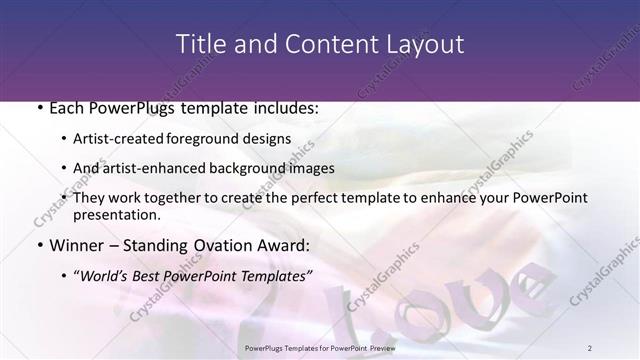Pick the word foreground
[x=218, y=138]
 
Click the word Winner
[x=75, y=245]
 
